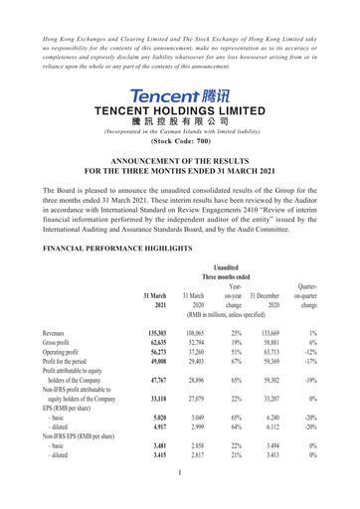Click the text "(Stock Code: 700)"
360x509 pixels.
coord(179,140)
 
